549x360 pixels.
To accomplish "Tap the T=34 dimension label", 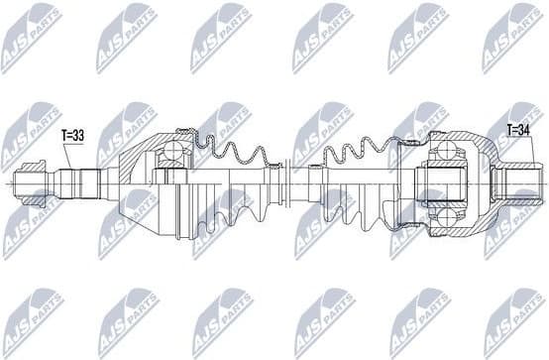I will click(519, 130).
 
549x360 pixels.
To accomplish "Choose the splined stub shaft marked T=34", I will click(517, 183).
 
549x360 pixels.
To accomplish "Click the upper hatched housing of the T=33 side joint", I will click(149, 147).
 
